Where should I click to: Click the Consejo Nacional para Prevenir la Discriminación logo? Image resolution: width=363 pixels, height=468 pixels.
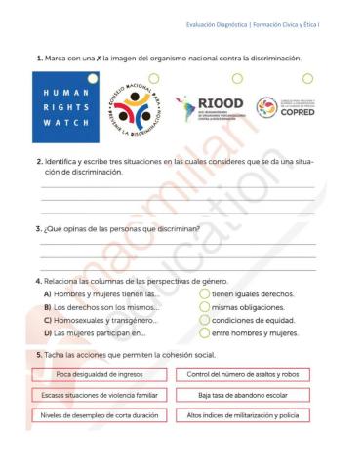click(138, 109)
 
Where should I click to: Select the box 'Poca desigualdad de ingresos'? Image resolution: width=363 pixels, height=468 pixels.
click(93, 374)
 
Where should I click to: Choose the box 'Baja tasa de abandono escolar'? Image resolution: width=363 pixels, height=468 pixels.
click(243, 395)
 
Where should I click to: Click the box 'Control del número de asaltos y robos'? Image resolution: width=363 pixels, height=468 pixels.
click(243, 374)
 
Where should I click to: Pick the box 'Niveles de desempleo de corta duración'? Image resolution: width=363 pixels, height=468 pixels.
click(93, 415)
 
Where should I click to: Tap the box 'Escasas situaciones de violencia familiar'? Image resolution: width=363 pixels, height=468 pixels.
click(93, 395)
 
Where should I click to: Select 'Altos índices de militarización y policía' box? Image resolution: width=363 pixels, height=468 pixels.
click(243, 415)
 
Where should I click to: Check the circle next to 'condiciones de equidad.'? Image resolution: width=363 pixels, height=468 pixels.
click(204, 320)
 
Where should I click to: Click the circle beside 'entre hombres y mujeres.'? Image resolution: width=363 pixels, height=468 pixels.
click(204, 333)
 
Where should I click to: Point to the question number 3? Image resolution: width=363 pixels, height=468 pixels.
click(38, 229)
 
